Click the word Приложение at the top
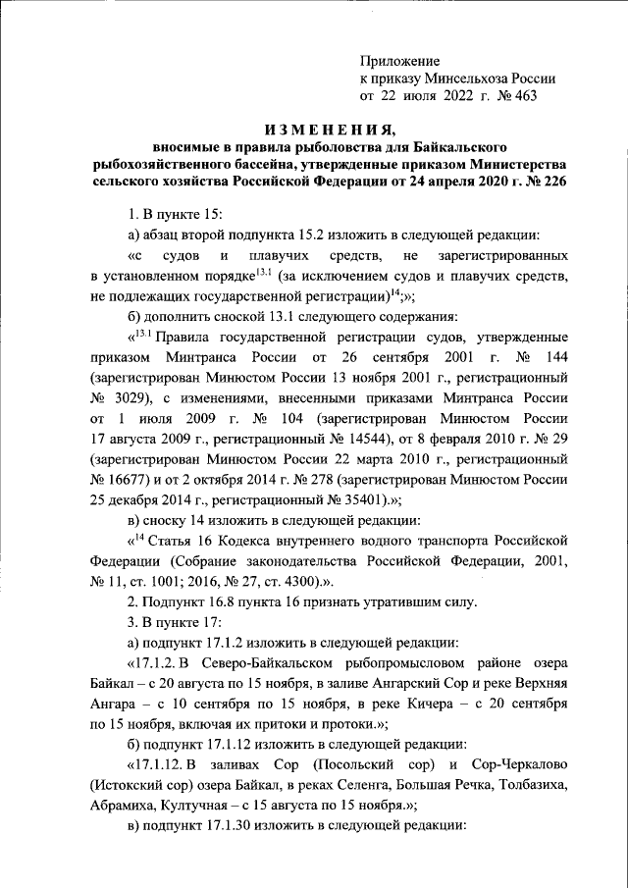(399, 60)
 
